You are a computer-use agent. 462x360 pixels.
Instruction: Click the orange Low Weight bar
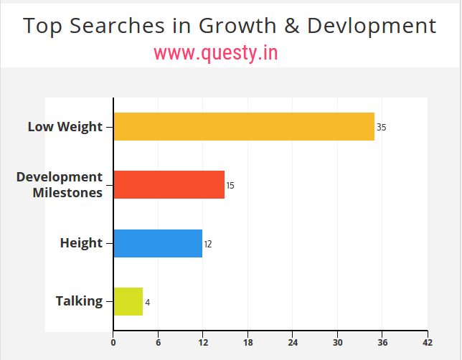coord(244,126)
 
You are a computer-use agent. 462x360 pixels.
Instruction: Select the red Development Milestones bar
coord(169,184)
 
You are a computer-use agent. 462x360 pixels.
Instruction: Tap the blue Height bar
coord(158,243)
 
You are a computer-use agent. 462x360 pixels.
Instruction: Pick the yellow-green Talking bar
coord(128,301)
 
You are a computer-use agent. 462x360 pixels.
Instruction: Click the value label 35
coord(382,128)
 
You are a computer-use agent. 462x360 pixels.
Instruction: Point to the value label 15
coord(230,186)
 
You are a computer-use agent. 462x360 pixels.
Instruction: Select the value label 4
coord(148,303)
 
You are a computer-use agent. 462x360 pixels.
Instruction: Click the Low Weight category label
coord(65,127)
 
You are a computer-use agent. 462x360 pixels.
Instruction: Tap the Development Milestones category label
coord(60,184)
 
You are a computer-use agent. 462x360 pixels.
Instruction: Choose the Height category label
coord(81,243)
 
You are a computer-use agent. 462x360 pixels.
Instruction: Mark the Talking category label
coord(79,301)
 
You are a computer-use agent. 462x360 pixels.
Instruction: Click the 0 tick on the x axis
coord(113,342)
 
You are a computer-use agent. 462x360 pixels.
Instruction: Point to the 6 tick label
coord(158,342)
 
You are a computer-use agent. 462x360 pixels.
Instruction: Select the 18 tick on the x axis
coord(248,342)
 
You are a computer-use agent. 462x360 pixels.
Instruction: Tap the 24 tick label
coord(293,342)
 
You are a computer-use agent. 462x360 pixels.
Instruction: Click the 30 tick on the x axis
coord(338,342)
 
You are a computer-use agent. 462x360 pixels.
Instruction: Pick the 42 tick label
coord(428,342)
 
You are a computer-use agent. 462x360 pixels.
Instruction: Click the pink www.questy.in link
coord(216,52)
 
